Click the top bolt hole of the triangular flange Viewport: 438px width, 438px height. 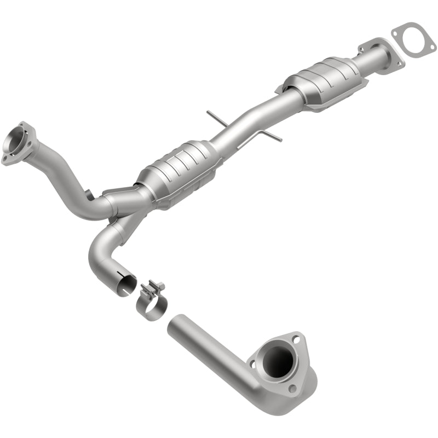pyautogui.click(x=296, y=340)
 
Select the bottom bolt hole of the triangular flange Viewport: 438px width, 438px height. pyautogui.click(x=292, y=389)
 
